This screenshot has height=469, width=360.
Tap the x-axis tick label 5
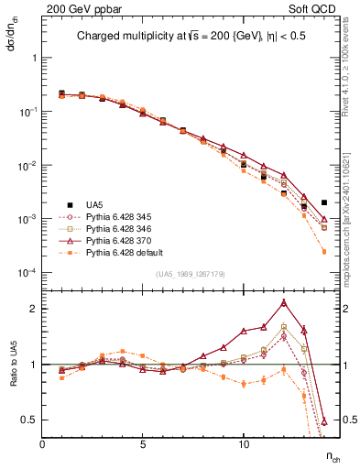143,443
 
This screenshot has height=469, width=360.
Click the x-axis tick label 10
244,443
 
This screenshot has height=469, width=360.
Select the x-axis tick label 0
42,443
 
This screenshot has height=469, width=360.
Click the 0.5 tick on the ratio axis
30,420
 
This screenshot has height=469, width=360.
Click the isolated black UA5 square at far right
324,202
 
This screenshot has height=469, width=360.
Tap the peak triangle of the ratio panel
284,302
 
